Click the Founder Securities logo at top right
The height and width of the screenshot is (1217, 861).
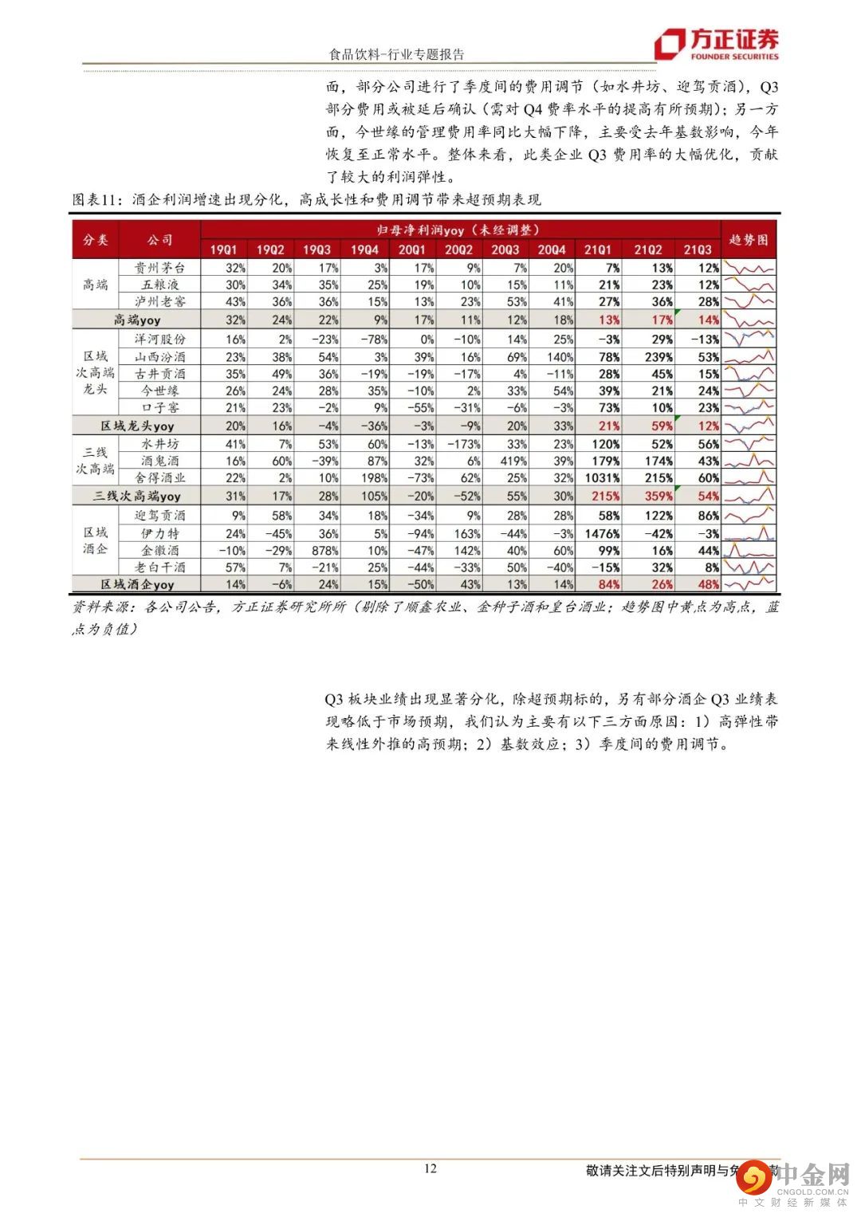click(717, 45)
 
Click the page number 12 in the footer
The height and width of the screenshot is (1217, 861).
click(430, 1168)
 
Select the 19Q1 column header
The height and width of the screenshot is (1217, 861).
click(223, 249)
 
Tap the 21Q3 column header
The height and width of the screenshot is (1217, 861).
click(696, 249)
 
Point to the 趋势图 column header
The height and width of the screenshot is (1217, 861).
click(749, 239)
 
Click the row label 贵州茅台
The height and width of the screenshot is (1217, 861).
click(159, 268)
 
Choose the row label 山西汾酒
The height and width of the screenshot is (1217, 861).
click(159, 356)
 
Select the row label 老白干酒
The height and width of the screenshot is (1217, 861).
click(159, 567)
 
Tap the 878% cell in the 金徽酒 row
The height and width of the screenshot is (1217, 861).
click(316, 550)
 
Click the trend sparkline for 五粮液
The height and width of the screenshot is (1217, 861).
click(749, 285)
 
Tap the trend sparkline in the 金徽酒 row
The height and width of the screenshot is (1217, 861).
click(749, 550)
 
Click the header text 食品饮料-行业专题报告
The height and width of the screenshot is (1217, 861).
click(396, 54)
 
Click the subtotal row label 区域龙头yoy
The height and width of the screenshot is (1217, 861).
click(137, 426)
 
